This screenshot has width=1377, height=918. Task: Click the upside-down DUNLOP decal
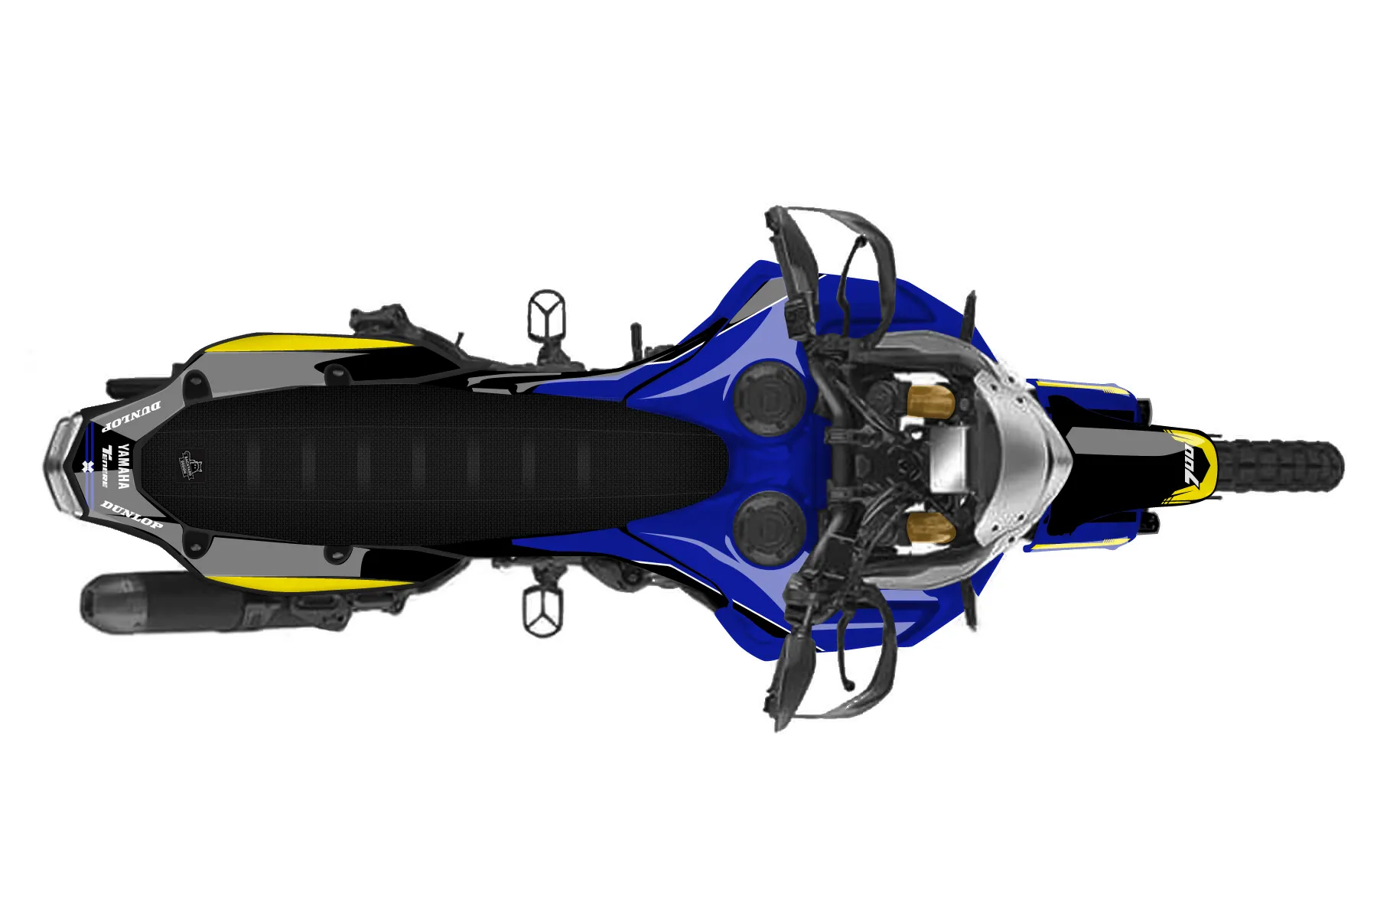(132, 414)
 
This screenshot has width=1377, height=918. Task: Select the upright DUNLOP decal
(132, 514)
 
